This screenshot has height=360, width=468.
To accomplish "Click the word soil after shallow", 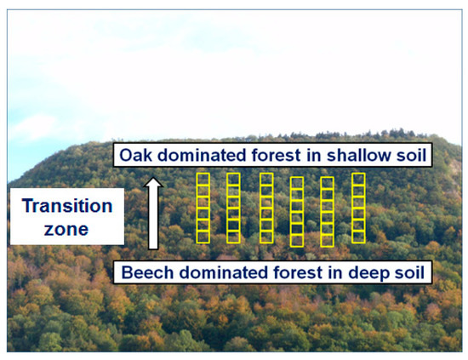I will (x=411, y=156).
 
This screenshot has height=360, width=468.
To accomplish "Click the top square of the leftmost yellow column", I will (x=203, y=180).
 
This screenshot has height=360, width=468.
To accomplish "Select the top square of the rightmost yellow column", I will (x=358, y=180).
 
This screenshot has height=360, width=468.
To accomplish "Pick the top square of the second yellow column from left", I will (x=233, y=180).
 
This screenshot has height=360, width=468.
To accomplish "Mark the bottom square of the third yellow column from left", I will (x=265, y=236).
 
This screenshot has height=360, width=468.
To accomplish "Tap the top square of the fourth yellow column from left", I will (x=296, y=184).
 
